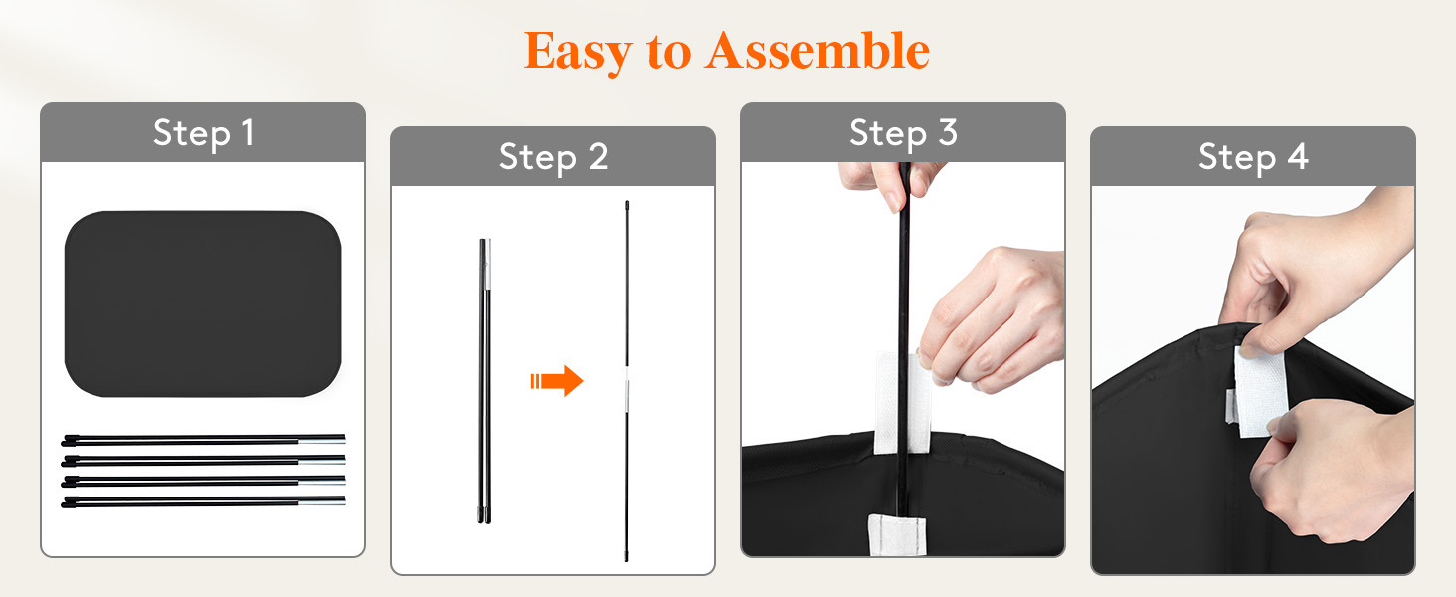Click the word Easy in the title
[x=577, y=52]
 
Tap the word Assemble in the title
[x=818, y=51]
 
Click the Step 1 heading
[x=203, y=134]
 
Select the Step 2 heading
[x=553, y=158]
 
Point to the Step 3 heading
[x=903, y=134]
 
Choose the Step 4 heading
[x=1253, y=158]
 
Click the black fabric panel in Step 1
[x=203, y=303]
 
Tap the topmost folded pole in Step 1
[x=203, y=440]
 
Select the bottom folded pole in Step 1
[x=203, y=502]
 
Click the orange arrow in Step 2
[x=557, y=380]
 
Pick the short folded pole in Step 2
[x=485, y=381]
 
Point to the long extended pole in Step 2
[x=627, y=381]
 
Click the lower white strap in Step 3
[x=897, y=535]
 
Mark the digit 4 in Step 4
[x=1298, y=157]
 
